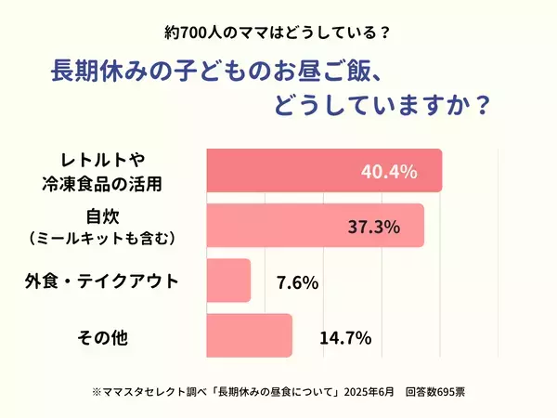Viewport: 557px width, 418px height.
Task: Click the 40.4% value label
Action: click(388, 172)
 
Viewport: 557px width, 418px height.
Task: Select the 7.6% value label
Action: click(297, 281)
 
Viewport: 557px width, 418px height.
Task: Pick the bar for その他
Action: click(247, 336)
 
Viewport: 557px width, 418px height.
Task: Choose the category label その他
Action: click(101, 336)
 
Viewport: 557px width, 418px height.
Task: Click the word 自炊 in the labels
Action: click(101, 218)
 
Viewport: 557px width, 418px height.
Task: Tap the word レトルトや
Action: click(101, 161)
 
